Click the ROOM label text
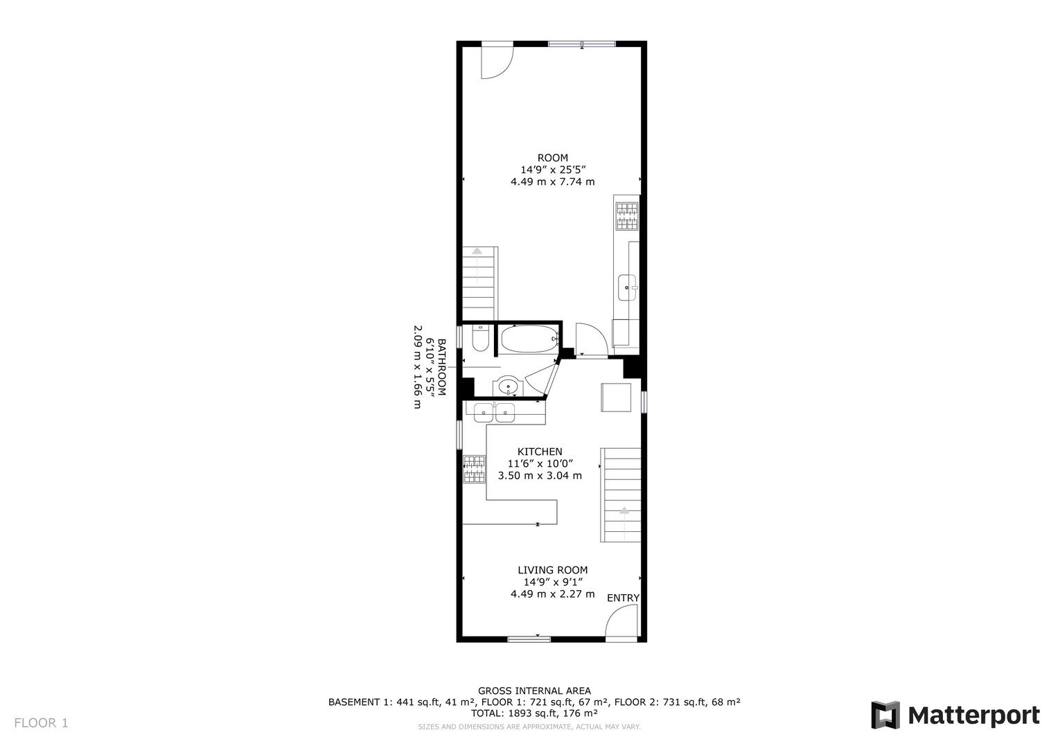(553, 158)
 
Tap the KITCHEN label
(540, 452)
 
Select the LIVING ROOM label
(553, 570)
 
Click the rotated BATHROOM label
(441, 367)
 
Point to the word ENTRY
(623, 598)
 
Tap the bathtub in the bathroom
(529, 339)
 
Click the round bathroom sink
(509, 386)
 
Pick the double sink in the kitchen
(494, 413)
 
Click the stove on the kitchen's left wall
(474, 469)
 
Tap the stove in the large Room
(627, 216)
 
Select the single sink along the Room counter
(627, 287)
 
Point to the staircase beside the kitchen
(621, 495)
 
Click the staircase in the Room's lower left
(480, 283)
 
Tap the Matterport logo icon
(885, 715)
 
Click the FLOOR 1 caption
(41, 723)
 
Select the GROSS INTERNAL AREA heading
(534, 691)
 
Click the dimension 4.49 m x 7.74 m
(553, 181)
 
